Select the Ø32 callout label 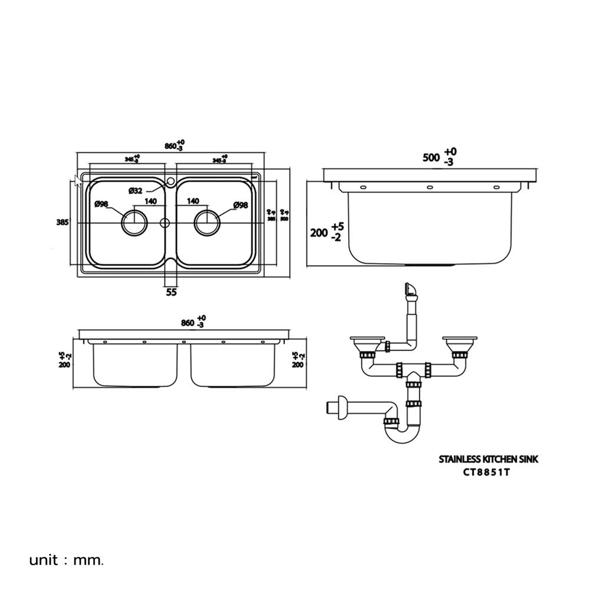[136, 190]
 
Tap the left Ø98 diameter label [101, 204]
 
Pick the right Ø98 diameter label [241, 205]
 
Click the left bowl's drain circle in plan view [135, 223]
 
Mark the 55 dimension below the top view [171, 292]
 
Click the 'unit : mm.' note [67, 559]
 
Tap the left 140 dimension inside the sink [150, 201]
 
